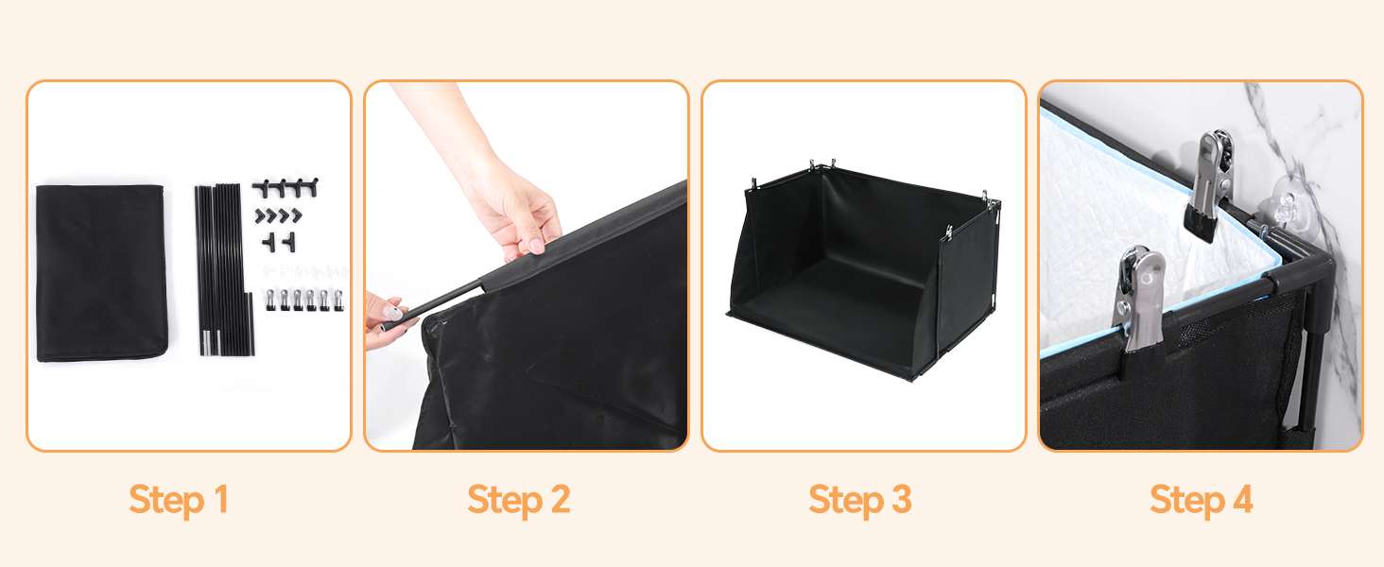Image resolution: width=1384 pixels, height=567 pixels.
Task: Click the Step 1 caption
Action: pos(179,500)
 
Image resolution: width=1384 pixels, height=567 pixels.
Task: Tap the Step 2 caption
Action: pos(519,500)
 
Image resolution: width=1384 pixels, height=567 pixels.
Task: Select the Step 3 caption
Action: pos(860,500)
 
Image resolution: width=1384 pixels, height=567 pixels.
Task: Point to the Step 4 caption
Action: pos(1202,500)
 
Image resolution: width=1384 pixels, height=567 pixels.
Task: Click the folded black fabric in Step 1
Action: pos(102,273)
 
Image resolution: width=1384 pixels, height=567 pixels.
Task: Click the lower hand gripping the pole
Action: pos(386,321)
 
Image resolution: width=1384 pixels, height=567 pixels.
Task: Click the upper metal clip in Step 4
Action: pos(1208,185)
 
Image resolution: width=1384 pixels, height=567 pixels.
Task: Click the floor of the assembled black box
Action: pos(834,290)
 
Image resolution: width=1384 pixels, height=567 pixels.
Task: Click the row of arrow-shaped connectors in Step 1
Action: pos(279,216)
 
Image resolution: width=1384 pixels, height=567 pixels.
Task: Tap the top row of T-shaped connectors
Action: pos(285,187)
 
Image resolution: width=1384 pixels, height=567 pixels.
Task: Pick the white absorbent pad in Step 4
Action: pos(1143,234)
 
